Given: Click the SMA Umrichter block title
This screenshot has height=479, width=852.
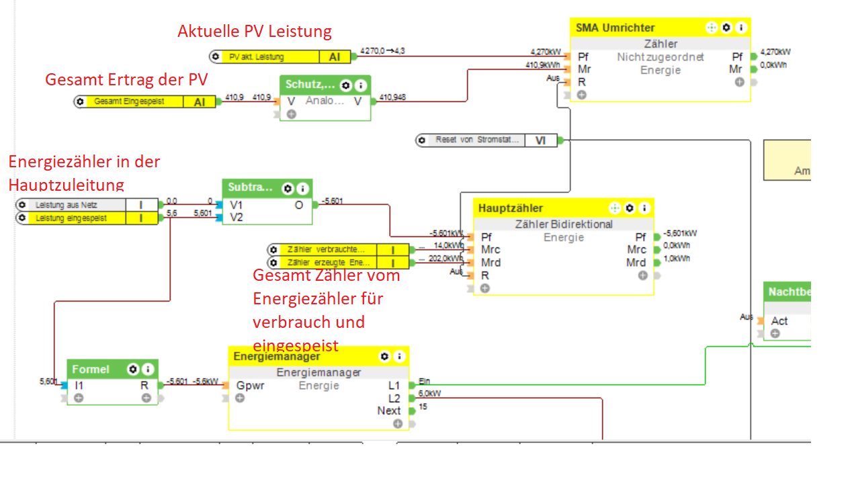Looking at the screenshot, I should coord(615,28).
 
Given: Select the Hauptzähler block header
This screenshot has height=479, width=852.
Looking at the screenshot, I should coord(511,208).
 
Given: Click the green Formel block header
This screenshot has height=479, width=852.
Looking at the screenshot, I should coord(90,369).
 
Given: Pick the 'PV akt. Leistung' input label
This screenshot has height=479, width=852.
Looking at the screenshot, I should coord(256,57).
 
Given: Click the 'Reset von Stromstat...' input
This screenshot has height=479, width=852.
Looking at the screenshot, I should coord(477,140).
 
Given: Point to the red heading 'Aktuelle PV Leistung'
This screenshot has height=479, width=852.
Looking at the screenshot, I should coord(255,32).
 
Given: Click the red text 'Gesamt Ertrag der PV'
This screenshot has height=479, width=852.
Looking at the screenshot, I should coord(126,79).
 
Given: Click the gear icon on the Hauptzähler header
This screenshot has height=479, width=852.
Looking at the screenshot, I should coord(630,208).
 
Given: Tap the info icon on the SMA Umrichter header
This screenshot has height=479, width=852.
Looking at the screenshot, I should coord(741,28).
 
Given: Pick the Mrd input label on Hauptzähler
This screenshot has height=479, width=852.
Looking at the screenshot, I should coord(491,263).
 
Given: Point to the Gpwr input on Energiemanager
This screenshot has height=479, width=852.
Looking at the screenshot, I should coord(249,386).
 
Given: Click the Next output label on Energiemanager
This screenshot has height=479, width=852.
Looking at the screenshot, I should coord(388,410).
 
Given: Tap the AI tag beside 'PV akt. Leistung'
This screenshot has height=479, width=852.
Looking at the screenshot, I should coord(334,57).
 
